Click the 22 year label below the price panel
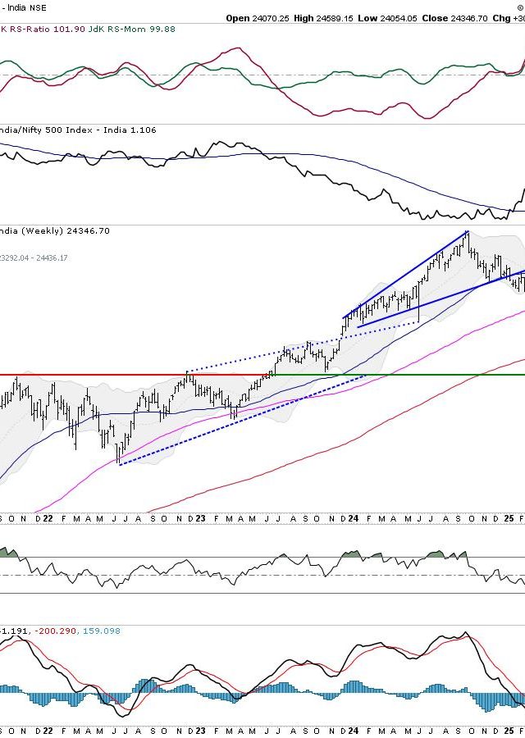48,519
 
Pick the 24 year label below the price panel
353,519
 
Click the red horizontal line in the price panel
123,375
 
